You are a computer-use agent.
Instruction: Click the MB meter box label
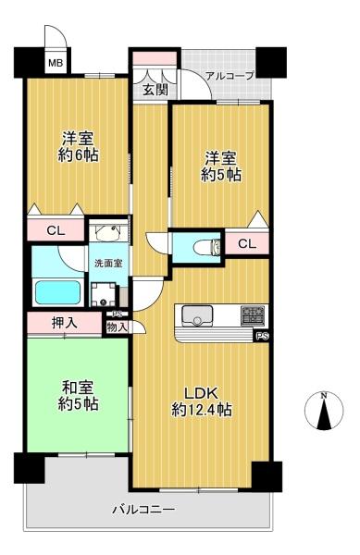(56, 63)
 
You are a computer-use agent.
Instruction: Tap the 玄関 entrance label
(155, 91)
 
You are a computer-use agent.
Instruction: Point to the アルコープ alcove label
(230, 76)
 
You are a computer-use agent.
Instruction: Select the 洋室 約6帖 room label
(78, 147)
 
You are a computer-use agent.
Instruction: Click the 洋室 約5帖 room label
(221, 166)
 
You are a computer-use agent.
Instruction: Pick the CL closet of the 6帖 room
(56, 230)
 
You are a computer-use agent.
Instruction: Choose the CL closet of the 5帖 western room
(247, 244)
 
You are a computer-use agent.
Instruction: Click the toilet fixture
(207, 247)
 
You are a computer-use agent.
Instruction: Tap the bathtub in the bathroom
(57, 292)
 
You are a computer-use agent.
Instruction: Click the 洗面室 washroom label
(108, 264)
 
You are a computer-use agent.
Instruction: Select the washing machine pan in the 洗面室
(104, 294)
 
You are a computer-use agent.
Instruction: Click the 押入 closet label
(64, 323)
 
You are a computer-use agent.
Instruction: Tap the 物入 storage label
(117, 327)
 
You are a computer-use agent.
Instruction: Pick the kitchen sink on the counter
(197, 314)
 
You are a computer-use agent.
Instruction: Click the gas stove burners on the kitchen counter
(253, 315)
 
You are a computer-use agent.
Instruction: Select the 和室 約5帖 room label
(78, 396)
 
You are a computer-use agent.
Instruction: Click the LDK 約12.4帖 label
(202, 401)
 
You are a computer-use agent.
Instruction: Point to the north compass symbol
(324, 412)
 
